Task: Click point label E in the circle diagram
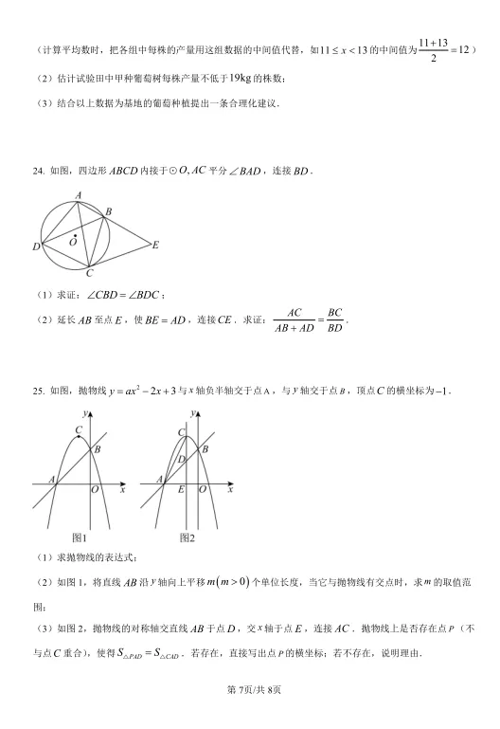click(155, 245)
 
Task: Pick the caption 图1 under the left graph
click(80, 538)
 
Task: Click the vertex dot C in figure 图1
click(80, 437)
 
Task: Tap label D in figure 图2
click(181, 459)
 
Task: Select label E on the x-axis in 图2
click(181, 490)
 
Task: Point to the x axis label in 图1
click(122, 490)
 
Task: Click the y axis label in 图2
click(192, 414)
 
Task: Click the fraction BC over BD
click(334, 320)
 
